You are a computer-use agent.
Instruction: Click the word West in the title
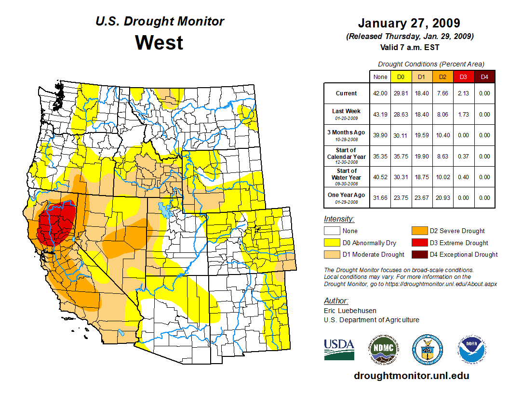click(159, 42)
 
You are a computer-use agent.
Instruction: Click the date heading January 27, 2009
click(409, 23)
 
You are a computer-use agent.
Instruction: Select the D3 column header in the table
click(462, 77)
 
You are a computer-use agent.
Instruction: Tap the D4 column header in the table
click(484, 77)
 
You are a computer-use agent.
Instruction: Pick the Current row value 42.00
click(380, 93)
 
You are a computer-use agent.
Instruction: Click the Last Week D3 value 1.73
click(462, 115)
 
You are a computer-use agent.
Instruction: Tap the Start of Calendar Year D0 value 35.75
click(401, 157)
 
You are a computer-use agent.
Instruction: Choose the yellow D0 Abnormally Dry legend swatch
click(332, 243)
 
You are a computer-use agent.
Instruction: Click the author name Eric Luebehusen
click(350, 311)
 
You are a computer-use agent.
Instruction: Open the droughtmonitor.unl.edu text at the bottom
click(411, 376)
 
